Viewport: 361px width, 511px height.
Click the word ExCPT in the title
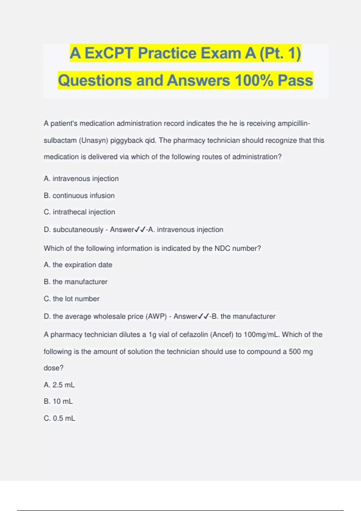point(109,53)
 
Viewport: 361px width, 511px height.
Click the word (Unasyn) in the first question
point(93,140)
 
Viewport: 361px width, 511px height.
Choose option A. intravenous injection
point(81,179)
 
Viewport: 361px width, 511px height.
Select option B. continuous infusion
point(79,195)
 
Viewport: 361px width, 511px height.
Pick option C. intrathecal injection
point(79,212)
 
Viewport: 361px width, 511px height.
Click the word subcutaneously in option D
point(78,230)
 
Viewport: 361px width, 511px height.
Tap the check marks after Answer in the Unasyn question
point(140,230)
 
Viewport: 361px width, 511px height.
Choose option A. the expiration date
point(78,265)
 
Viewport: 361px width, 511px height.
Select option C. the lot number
point(72,299)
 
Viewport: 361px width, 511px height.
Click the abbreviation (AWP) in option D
point(156,316)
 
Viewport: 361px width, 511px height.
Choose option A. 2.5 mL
point(59,385)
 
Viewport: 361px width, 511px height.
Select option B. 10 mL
point(58,401)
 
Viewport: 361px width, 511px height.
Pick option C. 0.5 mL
point(60,418)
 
